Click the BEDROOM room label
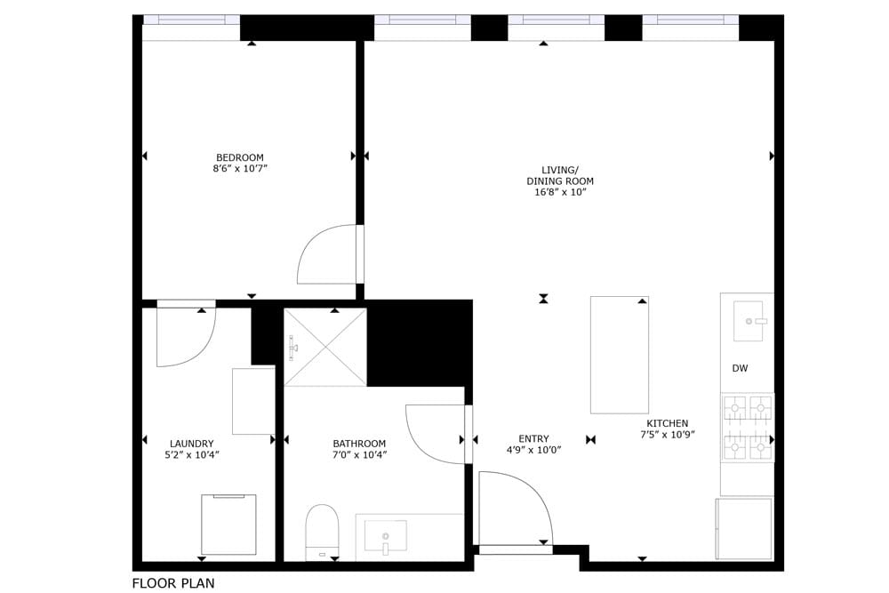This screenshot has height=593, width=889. click(239, 157)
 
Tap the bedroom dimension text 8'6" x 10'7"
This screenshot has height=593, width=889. click(239, 168)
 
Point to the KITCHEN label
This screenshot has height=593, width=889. click(667, 423)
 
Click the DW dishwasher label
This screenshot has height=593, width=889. click(740, 368)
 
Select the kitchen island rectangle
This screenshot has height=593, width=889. click(619, 355)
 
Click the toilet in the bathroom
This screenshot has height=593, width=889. click(322, 531)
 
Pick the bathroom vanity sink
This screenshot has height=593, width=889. click(386, 536)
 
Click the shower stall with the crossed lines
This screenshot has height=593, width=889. click(324, 348)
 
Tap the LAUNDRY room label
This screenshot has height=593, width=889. click(191, 444)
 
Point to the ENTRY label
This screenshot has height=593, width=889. click(533, 438)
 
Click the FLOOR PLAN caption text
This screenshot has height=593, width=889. click(173, 583)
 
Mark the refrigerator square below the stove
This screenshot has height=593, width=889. click(744, 528)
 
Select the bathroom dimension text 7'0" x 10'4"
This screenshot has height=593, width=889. click(359, 454)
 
